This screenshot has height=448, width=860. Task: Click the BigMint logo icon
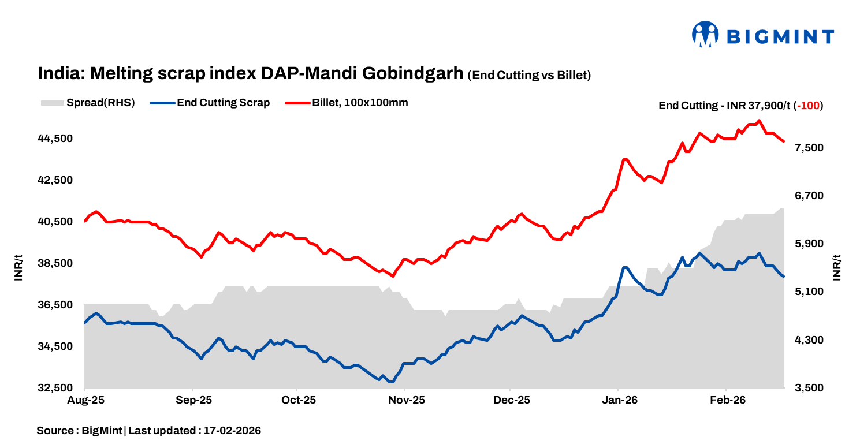click(705, 34)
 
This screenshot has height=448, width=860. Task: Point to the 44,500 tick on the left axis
click(56, 139)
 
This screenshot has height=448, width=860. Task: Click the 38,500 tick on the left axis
click(56, 263)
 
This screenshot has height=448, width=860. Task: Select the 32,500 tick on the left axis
click(56, 388)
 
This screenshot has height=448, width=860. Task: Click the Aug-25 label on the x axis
click(85, 400)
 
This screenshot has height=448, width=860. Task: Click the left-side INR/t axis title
click(19, 267)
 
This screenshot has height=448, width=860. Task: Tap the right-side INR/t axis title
click(837, 267)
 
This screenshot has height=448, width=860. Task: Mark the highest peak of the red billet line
click(759, 121)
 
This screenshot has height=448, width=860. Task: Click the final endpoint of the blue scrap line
click(783, 277)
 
